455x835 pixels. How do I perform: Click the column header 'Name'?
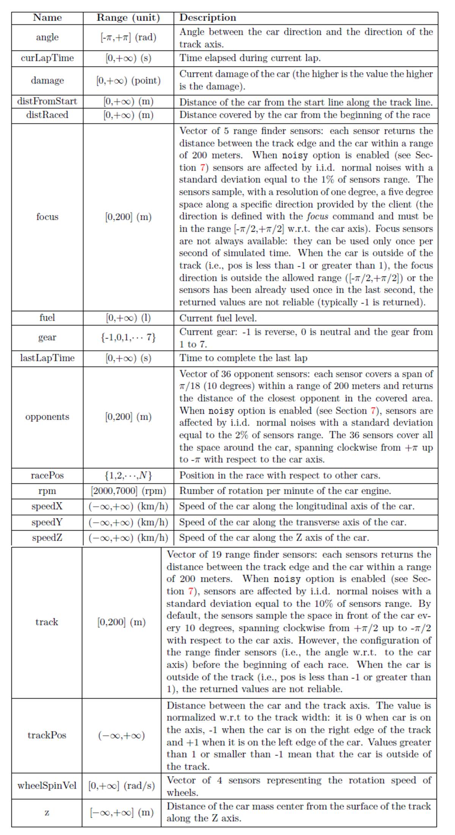(47, 18)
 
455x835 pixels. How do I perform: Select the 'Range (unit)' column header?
(128, 18)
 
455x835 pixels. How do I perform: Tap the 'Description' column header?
(207, 18)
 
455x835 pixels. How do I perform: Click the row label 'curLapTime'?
(47, 58)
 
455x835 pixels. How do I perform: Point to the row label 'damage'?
(47, 80)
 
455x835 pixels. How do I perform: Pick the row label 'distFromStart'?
(47, 101)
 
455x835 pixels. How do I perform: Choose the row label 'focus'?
(47, 217)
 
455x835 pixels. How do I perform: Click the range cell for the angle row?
(128, 37)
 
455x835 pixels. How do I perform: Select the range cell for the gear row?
(128, 337)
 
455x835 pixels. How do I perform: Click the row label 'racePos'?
(47, 475)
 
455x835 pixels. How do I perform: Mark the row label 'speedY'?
(47, 522)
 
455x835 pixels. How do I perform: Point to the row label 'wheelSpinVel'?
(47, 785)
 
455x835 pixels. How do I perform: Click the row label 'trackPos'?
(47, 735)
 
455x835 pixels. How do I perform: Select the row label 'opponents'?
(47, 417)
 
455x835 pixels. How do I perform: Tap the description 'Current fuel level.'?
(218, 318)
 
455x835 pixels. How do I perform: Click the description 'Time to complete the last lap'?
(243, 358)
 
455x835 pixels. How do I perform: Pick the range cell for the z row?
(122, 813)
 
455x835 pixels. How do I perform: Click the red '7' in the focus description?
(202, 168)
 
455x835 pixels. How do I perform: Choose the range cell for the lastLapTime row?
(128, 358)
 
